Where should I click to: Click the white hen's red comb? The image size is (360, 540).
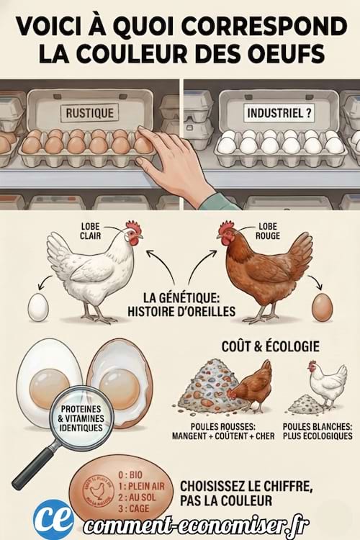click(133, 228)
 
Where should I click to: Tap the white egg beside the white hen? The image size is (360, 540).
click(38, 307)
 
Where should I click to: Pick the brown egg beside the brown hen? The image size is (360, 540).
click(322, 307)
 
